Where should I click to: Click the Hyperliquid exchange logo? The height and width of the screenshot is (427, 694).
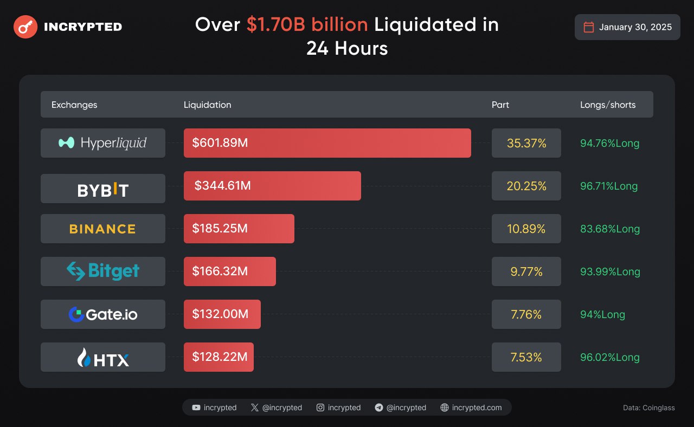pos(102,143)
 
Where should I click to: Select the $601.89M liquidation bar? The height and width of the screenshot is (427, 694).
pos(327,143)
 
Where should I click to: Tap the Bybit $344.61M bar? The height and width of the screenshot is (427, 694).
pos(272,186)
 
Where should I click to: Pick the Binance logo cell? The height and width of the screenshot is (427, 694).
pos(102,229)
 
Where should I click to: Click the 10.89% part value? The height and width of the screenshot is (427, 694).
pos(526,229)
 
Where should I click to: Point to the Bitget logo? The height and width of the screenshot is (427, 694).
pos(102,271)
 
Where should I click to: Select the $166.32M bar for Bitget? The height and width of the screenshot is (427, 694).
pos(229,271)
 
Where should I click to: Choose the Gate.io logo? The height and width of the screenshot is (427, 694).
pos(102,314)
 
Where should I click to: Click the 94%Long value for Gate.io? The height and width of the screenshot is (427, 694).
pos(602,314)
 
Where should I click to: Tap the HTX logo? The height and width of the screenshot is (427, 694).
pos(102,357)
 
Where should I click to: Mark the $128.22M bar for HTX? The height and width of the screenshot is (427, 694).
pos(219,357)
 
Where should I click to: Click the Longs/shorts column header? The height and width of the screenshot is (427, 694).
pos(608,105)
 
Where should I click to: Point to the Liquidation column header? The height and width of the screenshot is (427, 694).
pos(207,105)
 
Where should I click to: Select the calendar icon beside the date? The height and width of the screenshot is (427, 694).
pos(588,27)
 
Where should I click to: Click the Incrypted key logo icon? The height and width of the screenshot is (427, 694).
pos(25,27)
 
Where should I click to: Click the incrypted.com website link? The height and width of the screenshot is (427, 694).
pos(471,407)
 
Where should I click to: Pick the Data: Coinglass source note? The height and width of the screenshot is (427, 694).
pos(649,407)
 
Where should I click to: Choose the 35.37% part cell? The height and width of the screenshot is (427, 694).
pos(526,143)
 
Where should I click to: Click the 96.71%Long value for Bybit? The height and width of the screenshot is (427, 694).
pos(608,186)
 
